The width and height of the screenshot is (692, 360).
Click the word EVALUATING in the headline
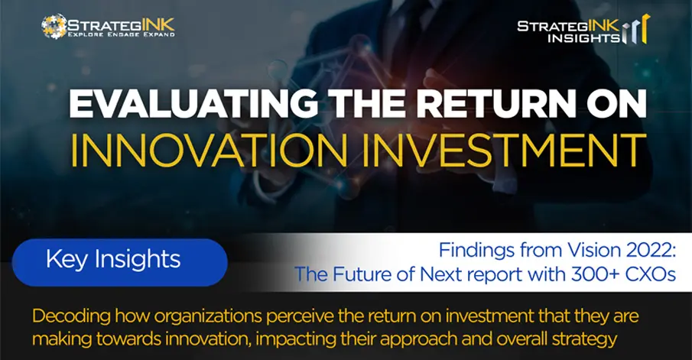click(x=193, y=104)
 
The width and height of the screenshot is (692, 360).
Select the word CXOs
click(x=651, y=274)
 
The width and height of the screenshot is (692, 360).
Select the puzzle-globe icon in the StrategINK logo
click(x=54, y=27)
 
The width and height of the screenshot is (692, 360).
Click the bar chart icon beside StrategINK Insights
click(x=636, y=29)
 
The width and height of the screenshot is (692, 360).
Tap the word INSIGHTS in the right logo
click(x=583, y=38)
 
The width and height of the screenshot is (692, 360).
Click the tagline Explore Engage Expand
click(x=121, y=34)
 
